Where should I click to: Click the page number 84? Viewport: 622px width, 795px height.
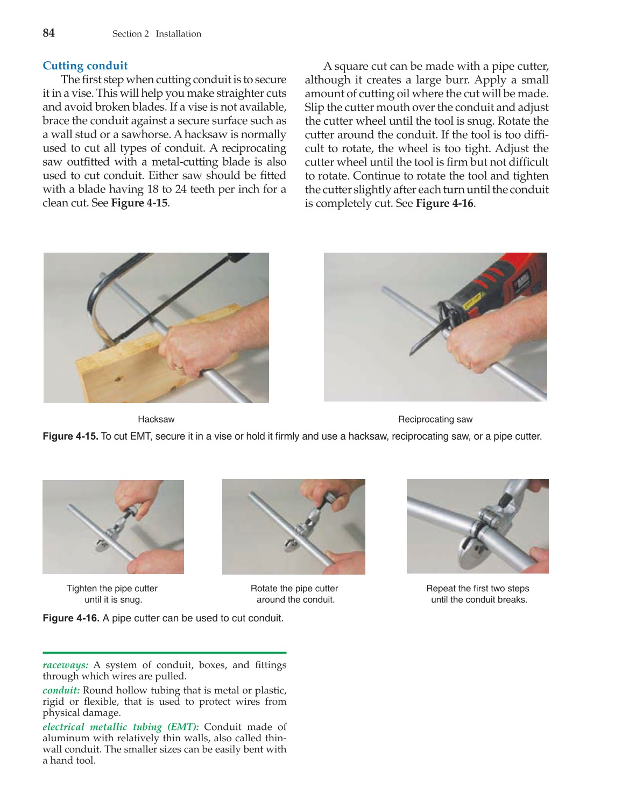tap(48, 33)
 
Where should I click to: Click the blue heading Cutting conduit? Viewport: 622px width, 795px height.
tap(85, 66)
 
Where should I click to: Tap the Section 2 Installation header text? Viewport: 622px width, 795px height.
tap(157, 33)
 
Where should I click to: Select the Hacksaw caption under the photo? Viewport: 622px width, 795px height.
tap(156, 419)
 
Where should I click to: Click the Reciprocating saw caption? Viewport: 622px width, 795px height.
tap(435, 419)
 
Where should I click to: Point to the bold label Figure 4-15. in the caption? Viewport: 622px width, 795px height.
tap(70, 436)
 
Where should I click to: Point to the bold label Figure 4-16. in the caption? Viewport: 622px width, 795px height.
tap(71, 618)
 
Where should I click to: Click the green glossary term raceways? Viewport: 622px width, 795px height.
tap(65, 665)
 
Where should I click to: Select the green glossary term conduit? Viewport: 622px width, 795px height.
tap(61, 690)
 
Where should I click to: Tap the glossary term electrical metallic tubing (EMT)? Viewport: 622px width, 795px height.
tap(121, 727)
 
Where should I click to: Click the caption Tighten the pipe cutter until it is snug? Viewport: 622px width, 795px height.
tap(112, 594)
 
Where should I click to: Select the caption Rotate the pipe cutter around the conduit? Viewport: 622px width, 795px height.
tap(294, 594)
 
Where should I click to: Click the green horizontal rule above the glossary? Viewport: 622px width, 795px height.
tap(164, 653)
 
